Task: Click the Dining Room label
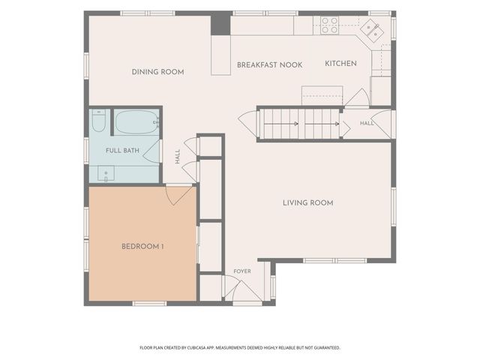pos(158,72)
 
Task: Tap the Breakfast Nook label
pos(270,65)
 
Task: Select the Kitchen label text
pos(340,64)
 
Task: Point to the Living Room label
pos(308,202)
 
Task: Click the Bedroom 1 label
pos(142,247)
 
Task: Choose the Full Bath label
pos(122,151)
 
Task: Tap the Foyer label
pos(242,271)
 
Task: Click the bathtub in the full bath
pos(136,122)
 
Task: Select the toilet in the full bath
pos(98,120)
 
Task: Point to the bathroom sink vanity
pos(106,173)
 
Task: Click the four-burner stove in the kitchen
pos(330,25)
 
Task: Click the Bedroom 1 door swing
pos(179,193)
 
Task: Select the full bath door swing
pos(152,151)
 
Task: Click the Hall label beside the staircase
pos(367,123)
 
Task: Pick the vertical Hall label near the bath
pos(178,157)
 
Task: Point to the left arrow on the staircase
pos(281,124)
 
